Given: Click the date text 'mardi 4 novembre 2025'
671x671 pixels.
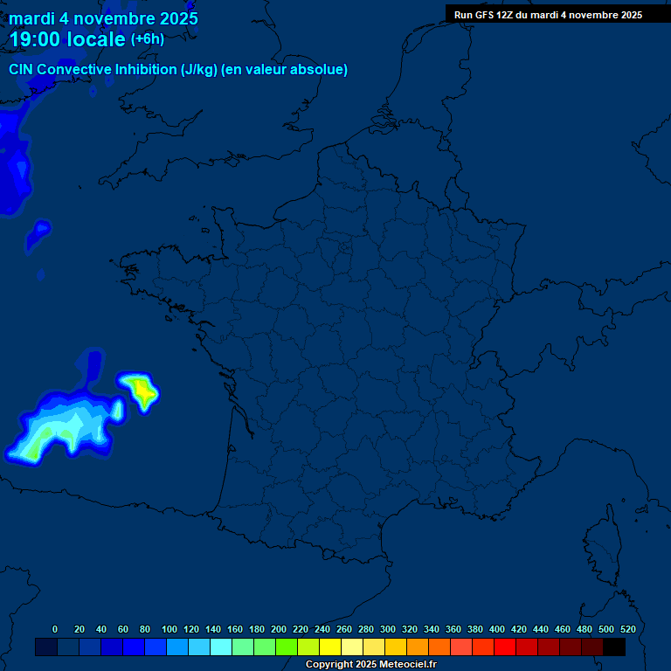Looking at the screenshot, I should tap(103, 18).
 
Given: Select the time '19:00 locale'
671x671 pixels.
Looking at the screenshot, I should tap(67, 39).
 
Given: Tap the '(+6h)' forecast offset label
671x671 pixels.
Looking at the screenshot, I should tap(148, 39).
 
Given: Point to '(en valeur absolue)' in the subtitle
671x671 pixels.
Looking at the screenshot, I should tap(285, 70).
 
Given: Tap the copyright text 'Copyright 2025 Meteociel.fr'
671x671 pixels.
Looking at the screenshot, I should tap(370, 665).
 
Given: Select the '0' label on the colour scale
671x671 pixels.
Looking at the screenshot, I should tap(55, 629).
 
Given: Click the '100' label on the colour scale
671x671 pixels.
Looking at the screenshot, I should tap(169, 629).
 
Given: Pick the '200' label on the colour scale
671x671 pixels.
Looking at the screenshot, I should tap(279, 629).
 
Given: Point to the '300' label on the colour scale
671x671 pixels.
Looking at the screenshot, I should tap(388, 629).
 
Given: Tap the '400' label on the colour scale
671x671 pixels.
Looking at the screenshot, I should tap(497, 629).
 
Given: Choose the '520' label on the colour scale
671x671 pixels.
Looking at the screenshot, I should tap(627, 629).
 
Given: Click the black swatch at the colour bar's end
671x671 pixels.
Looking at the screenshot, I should tap(614, 647).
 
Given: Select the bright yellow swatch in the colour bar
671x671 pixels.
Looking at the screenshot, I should tap(330, 647).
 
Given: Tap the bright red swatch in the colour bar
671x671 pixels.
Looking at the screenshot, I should tap(505, 647).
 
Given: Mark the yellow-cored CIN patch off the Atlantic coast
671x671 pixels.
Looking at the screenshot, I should tap(141, 391).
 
